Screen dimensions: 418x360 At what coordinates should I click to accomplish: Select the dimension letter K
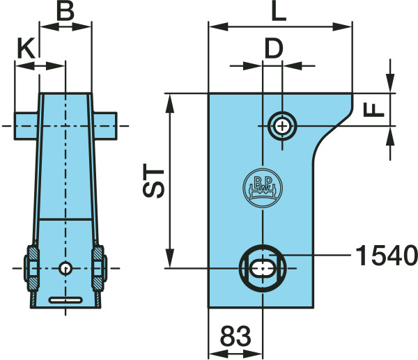26,48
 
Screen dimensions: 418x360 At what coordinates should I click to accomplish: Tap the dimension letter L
279,11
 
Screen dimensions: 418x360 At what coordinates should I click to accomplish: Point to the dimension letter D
274,49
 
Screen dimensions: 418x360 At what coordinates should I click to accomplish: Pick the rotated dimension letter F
373,110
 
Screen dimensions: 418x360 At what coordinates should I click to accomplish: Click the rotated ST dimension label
153,180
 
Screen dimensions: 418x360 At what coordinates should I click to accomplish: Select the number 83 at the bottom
235,336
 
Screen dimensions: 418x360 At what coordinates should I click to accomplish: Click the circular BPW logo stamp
263,188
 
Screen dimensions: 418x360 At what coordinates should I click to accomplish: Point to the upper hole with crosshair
282,126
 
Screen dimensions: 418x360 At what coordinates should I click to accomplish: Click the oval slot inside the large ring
263,268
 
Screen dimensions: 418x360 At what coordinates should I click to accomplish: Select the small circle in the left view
65,268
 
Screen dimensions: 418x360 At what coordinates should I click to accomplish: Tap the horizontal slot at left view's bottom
65,300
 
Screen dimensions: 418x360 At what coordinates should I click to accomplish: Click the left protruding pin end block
26,126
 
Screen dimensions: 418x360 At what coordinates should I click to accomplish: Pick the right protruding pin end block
105,126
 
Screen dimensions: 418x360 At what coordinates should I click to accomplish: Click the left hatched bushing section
33,269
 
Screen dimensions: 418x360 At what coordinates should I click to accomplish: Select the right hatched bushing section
98,269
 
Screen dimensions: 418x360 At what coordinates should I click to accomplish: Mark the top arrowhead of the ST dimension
170,103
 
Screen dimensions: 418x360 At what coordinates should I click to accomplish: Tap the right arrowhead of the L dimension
342,27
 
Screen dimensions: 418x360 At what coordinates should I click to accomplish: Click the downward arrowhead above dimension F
390,83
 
